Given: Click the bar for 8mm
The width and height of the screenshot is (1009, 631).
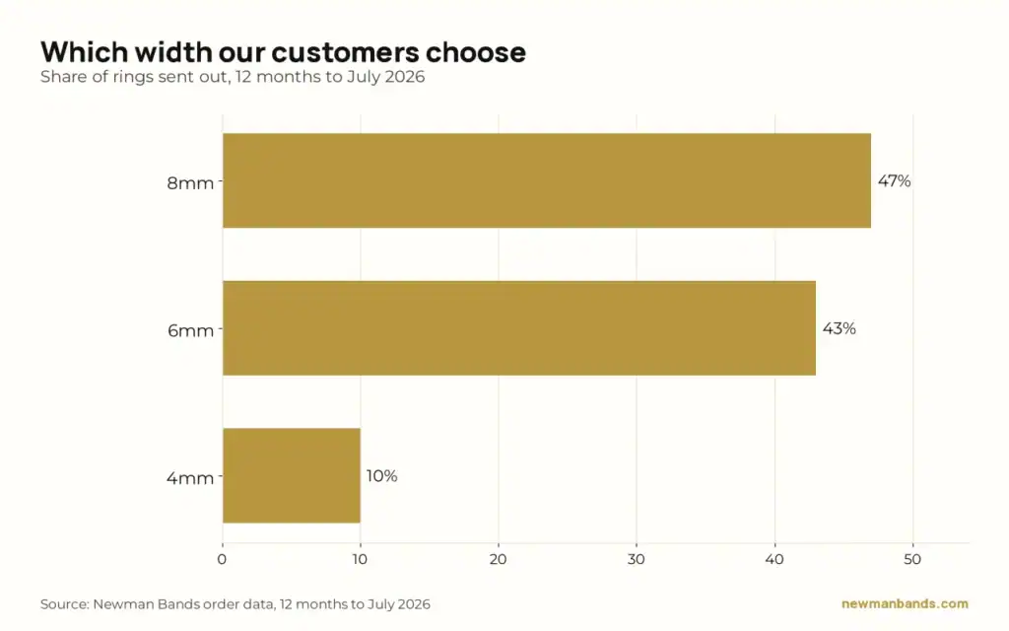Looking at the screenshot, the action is click(x=546, y=180).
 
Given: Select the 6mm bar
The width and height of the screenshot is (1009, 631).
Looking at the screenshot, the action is click(x=518, y=327).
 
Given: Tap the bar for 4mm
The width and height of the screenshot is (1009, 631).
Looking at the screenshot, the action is click(x=292, y=475).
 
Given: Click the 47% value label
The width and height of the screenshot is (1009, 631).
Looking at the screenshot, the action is click(x=894, y=181).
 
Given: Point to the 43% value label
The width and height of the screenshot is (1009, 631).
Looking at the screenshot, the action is click(x=840, y=328).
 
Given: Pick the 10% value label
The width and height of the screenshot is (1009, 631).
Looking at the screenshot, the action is click(x=381, y=476).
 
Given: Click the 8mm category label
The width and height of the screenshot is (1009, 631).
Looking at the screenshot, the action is click(x=190, y=182).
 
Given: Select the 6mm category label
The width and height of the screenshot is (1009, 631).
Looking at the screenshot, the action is click(x=190, y=330).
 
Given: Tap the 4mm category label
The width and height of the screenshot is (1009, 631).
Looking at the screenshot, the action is click(x=190, y=478).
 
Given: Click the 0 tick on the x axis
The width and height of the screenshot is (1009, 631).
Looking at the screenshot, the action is click(x=222, y=560).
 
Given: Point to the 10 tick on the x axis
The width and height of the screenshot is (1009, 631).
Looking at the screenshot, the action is click(x=360, y=560).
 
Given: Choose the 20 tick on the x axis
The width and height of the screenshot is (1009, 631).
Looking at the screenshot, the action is click(x=498, y=560).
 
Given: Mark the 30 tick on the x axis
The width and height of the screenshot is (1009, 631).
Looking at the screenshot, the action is click(x=636, y=560).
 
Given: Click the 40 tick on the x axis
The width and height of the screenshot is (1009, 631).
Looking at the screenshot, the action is click(x=774, y=560).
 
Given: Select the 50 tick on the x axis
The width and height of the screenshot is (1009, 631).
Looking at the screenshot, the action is click(x=912, y=560).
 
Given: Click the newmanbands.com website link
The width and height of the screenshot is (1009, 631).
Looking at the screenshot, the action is click(x=905, y=604).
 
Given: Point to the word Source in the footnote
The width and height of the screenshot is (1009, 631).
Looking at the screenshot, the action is click(x=64, y=604).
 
